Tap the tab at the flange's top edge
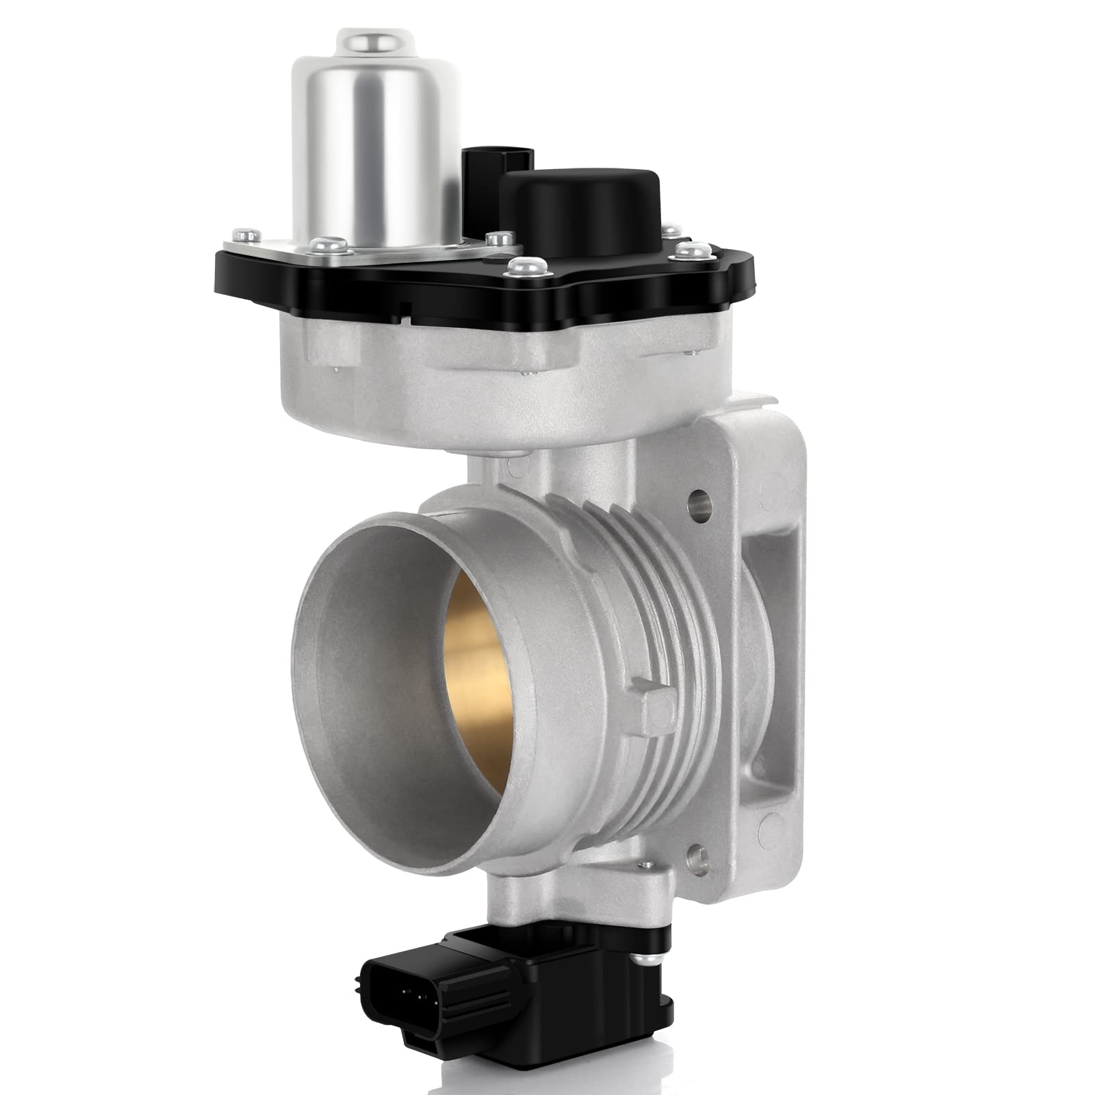click(760, 400)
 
